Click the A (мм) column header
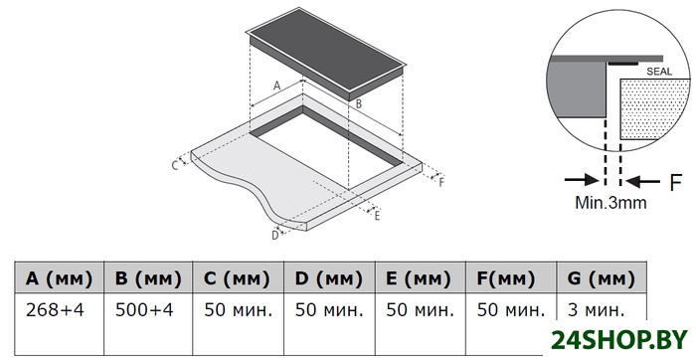pyautogui.click(x=59, y=277)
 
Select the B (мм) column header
pyautogui.click(x=148, y=277)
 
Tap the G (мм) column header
pyautogui.click(x=601, y=277)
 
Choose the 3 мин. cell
pyautogui.click(x=597, y=310)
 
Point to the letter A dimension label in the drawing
pyautogui.click(x=277, y=86)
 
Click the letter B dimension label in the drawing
pyautogui.click(x=359, y=103)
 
